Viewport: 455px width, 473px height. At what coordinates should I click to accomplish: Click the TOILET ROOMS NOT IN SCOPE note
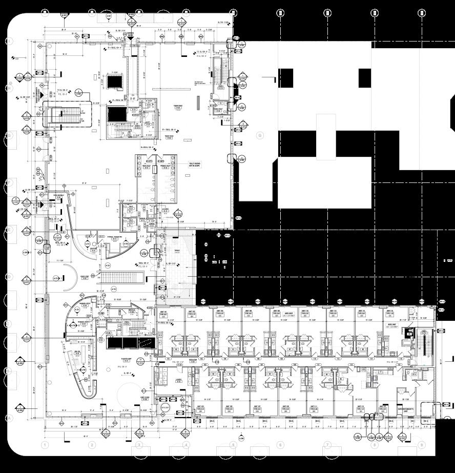click(195, 165)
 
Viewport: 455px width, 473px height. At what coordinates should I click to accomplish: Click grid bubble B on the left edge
click(9, 371)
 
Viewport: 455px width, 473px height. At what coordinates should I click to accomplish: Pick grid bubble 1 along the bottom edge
click(45, 445)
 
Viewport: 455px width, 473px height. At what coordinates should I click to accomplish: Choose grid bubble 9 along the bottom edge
click(421, 445)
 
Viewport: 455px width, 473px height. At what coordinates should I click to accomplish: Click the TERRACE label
click(177, 251)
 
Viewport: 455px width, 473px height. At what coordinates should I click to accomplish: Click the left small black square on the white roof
click(286, 78)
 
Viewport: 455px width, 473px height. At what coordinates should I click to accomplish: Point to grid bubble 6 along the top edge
click(280, 13)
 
